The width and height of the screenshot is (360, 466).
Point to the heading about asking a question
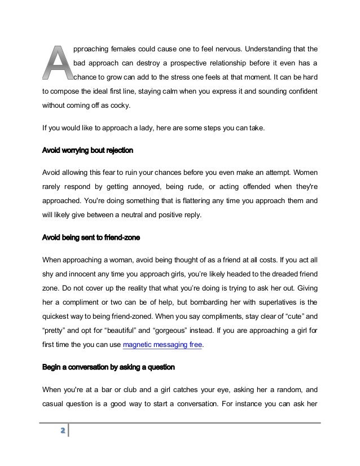tap(109, 367)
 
